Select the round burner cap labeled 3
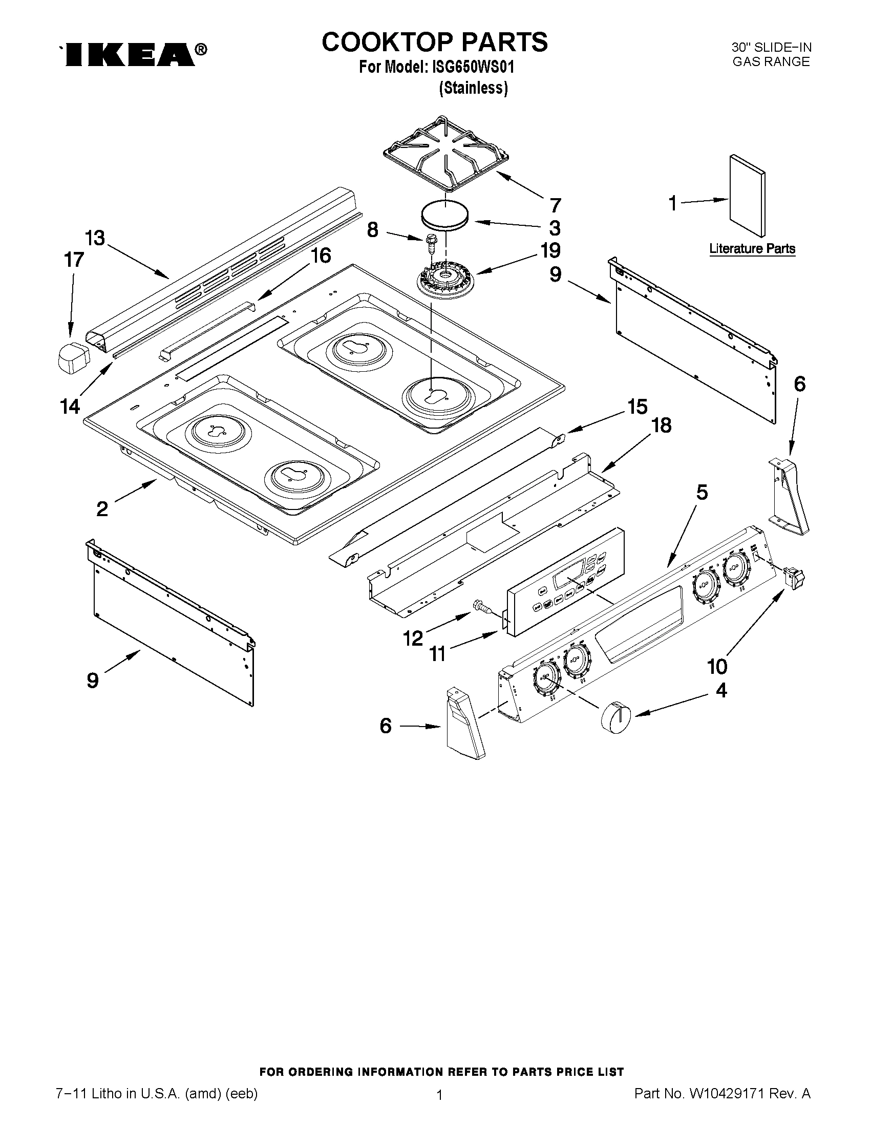(445, 213)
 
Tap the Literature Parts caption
(752, 249)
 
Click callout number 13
(95, 239)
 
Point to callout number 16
(321, 256)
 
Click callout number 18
(661, 426)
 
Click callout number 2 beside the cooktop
(102, 509)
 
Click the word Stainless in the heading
(473, 88)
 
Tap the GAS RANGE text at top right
(771, 62)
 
